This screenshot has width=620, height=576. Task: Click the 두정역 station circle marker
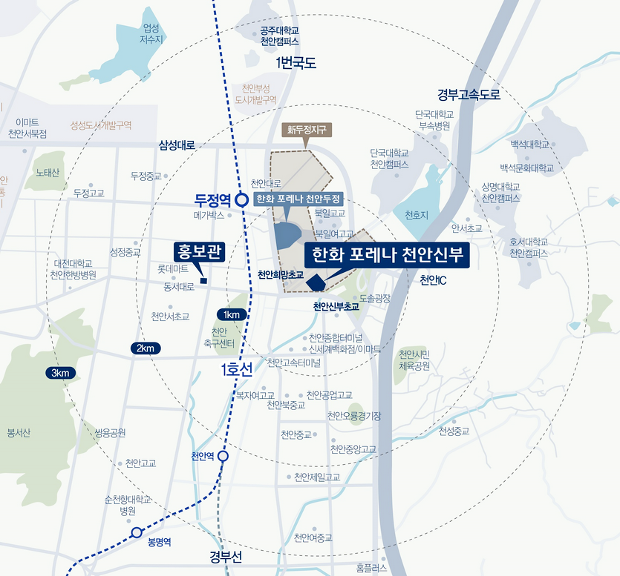coord(241,199)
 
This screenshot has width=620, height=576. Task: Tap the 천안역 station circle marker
coord(223,457)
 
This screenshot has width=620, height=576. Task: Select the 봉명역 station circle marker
coord(137,532)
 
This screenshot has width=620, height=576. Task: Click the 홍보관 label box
coord(199,252)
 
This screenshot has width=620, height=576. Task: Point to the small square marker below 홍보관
coord(203,279)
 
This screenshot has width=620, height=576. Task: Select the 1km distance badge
coord(230,314)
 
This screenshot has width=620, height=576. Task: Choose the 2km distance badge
coord(145,348)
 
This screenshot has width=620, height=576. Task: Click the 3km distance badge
coord(61,373)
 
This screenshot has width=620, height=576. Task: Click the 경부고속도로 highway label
coord(469,95)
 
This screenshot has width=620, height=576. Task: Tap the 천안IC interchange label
coord(432,280)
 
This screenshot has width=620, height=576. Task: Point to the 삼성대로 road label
coord(177,145)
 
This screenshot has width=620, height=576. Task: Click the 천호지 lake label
coord(417,215)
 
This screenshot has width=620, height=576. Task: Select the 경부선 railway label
coord(227,555)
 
